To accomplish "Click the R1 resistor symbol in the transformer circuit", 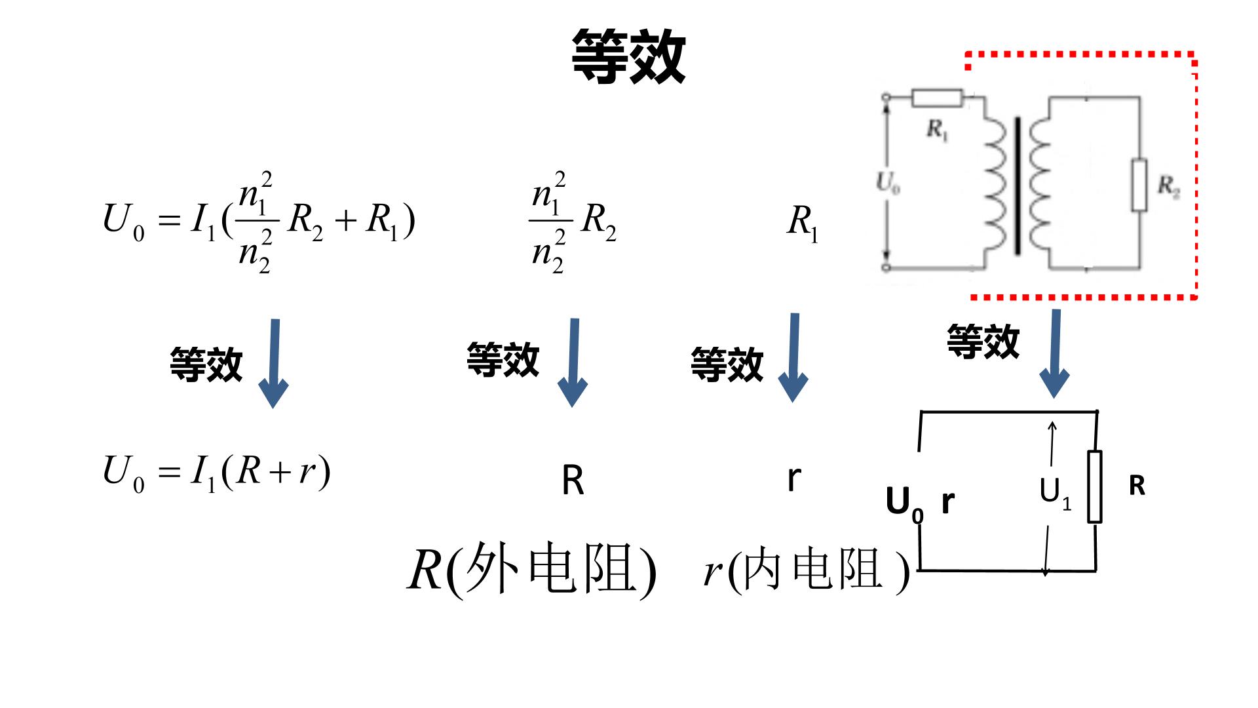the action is (937, 98).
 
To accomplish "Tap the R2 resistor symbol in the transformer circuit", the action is (1139, 185).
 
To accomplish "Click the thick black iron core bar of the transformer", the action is (1018, 186).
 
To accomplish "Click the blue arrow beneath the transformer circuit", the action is (1055, 354).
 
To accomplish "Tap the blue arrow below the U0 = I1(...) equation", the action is (274, 364).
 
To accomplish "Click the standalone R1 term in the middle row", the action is (803, 223).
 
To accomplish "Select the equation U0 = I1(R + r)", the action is (216, 473).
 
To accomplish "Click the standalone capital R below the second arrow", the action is (573, 481).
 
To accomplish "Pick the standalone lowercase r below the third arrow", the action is (793, 479).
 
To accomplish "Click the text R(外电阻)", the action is (532, 569).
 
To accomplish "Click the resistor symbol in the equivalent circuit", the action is (1094, 486).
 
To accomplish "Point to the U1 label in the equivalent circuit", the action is (1056, 492).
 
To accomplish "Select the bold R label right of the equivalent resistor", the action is (1137, 486).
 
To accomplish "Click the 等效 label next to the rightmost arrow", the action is (983, 342).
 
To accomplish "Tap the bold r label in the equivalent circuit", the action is (948, 501).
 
